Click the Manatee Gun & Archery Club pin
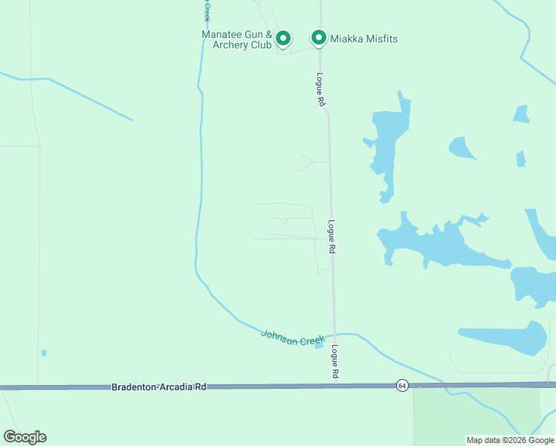(x=282, y=37)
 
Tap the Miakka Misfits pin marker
(x=319, y=37)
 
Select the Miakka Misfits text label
(x=364, y=39)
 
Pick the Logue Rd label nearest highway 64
(x=335, y=363)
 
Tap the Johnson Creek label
(x=293, y=337)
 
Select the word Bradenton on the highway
(x=136, y=387)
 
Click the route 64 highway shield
(x=402, y=385)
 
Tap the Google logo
(x=25, y=437)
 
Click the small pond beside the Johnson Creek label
(x=319, y=344)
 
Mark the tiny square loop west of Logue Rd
(x=284, y=221)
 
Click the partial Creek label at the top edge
(x=207, y=10)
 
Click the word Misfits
(x=380, y=39)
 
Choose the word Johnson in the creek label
(x=278, y=334)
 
